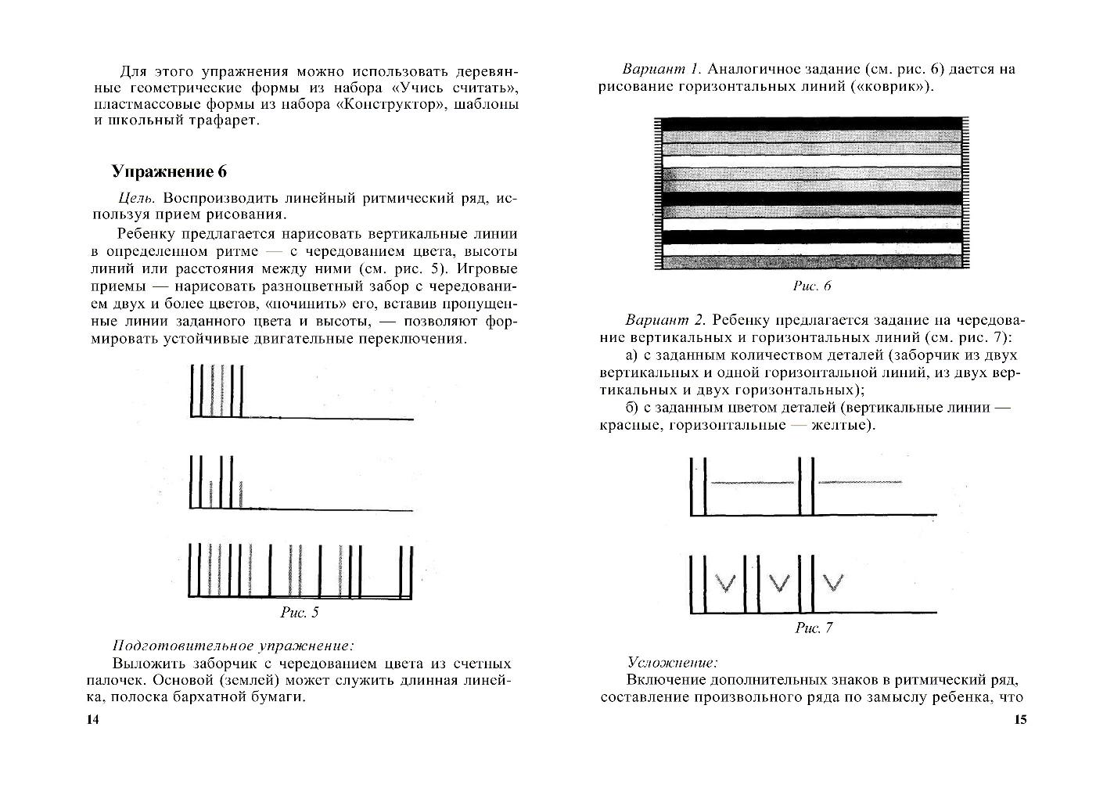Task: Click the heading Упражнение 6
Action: [169, 172]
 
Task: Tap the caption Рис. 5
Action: [299, 613]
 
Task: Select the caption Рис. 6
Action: [812, 286]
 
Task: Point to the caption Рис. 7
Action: [814, 628]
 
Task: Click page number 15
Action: [1020, 721]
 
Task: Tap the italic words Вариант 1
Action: [664, 69]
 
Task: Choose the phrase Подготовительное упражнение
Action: [233, 646]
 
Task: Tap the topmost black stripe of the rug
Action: [811, 124]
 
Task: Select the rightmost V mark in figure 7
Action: [833, 581]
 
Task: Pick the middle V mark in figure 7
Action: [778, 581]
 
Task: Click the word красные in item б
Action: [626, 425]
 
